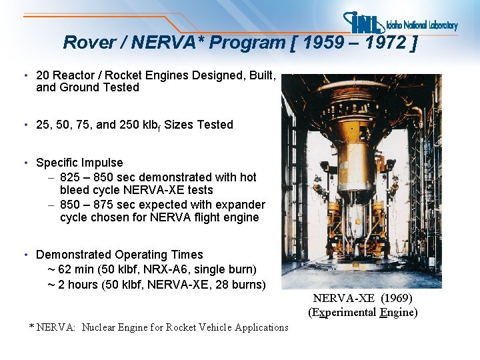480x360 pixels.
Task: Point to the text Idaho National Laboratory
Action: (x=422, y=26)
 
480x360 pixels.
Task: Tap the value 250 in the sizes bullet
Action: (x=138, y=125)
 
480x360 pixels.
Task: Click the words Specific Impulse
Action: (x=79, y=163)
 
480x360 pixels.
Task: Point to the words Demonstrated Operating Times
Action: (x=119, y=255)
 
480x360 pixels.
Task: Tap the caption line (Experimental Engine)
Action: (x=363, y=313)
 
